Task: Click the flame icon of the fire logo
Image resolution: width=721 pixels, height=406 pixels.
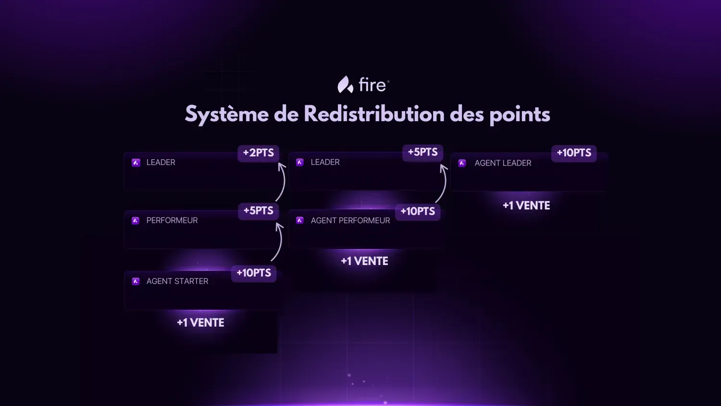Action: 345,85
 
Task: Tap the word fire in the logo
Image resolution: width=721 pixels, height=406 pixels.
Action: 372,85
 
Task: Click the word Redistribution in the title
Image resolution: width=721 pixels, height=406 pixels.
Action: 374,114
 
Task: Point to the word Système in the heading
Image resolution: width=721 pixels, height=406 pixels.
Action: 226,115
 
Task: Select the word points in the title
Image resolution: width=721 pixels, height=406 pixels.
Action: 520,115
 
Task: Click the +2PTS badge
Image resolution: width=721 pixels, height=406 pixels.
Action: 258,153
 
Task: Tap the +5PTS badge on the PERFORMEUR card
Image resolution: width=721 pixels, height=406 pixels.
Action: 258,211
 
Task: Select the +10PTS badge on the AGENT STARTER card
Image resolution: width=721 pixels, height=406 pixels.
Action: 254,273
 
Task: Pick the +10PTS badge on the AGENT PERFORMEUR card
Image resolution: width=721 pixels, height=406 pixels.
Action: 418,212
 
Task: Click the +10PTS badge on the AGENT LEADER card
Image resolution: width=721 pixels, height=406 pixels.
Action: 574,153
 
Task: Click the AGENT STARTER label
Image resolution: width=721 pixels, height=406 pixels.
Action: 177,281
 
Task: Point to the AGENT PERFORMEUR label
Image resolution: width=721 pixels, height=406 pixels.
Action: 350,221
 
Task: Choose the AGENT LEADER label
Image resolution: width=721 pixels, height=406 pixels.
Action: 503,163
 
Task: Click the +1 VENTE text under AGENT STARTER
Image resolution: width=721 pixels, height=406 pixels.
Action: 200,323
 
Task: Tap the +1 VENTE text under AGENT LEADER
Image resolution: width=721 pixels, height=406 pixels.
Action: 526,206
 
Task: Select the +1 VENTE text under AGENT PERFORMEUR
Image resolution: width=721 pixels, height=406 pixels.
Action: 364,261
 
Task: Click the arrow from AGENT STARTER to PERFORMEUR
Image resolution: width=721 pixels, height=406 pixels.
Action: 279,242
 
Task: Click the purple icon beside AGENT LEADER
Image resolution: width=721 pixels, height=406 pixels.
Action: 462,163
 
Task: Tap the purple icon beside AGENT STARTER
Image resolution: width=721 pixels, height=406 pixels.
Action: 136,281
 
